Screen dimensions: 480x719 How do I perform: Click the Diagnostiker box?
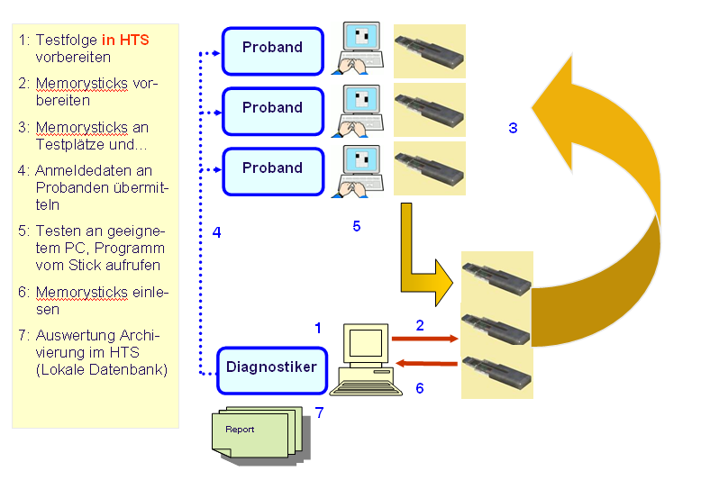click(272, 369)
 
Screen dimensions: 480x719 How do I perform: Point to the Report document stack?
click(255, 432)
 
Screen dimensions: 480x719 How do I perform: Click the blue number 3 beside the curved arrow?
click(513, 128)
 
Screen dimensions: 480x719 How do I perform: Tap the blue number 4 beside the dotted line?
click(216, 232)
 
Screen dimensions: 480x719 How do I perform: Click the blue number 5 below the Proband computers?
click(356, 226)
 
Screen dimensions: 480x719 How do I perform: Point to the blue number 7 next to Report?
click(319, 412)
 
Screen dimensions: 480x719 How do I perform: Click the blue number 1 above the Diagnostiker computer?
click(317, 328)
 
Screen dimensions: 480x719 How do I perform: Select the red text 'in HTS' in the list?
click(125, 41)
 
